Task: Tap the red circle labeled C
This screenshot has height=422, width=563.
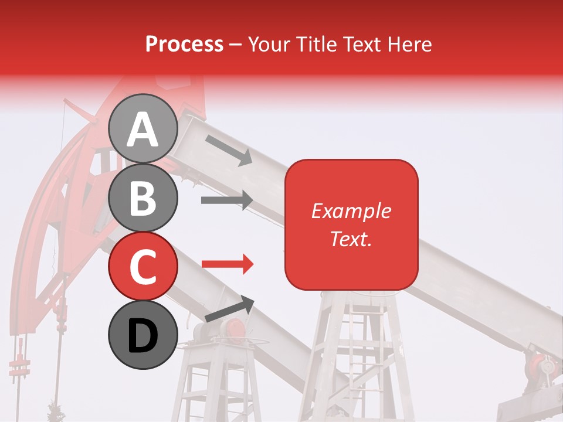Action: tap(143, 266)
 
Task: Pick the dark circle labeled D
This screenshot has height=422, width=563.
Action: tap(143, 335)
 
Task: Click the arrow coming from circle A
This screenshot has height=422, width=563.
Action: tap(228, 150)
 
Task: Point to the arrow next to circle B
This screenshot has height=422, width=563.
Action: tap(226, 200)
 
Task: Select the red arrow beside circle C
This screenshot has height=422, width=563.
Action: tap(228, 265)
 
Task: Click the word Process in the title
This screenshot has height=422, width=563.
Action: tap(184, 44)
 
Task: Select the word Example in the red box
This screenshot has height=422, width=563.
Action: tap(351, 211)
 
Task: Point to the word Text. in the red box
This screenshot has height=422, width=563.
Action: tap(351, 239)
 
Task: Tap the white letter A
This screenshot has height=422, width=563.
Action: tap(143, 130)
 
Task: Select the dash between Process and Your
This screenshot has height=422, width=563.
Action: tap(236, 45)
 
